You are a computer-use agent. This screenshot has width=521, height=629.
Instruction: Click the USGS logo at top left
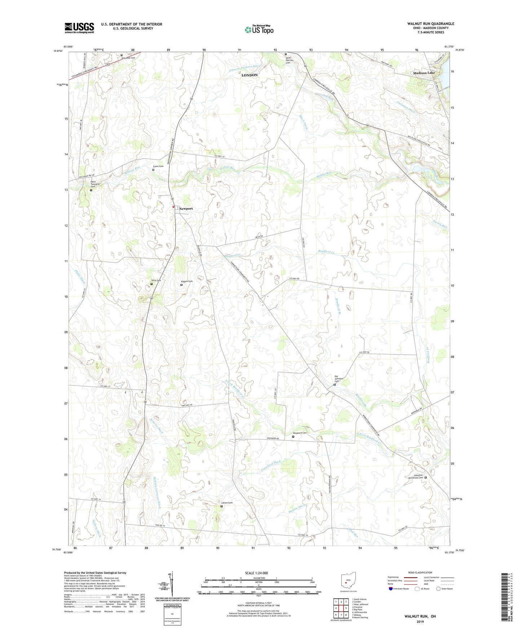point(79,27)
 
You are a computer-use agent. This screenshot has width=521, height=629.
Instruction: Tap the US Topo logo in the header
point(259,30)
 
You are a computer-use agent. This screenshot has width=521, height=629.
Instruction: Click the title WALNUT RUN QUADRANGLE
point(431,24)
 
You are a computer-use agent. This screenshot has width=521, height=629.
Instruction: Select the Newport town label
point(186,209)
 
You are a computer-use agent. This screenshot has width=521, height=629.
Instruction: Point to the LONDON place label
point(250,75)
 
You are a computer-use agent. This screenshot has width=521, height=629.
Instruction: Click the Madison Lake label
point(424,73)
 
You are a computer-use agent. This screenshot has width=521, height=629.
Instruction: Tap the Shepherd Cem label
point(300,433)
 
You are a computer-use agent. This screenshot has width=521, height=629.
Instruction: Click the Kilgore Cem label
point(186,281)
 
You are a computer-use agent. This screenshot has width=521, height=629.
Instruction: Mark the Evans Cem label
point(158,166)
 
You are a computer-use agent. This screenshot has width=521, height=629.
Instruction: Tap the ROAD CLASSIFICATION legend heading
point(420,572)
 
